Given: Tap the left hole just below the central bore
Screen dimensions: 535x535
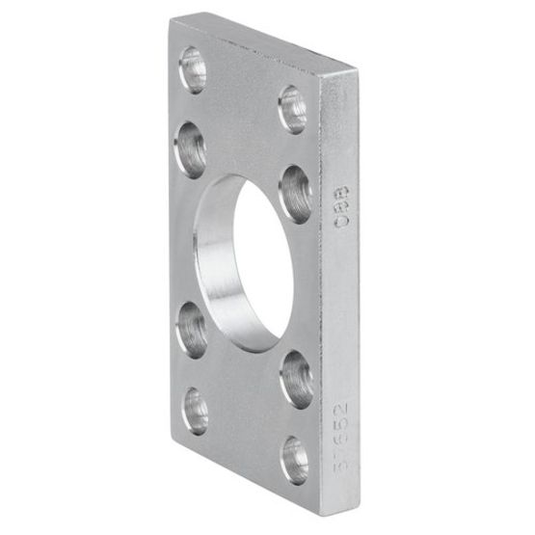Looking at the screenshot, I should coord(190,327).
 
